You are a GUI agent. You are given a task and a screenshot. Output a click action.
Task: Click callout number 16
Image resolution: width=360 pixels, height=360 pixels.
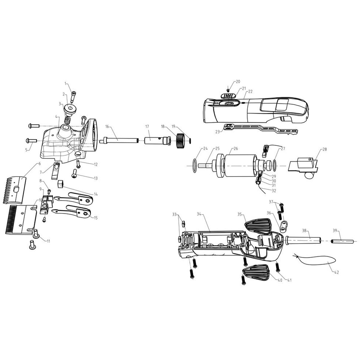coord(107,127)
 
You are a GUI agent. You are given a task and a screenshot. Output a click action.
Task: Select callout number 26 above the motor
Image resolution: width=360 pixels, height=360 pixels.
coord(236,149)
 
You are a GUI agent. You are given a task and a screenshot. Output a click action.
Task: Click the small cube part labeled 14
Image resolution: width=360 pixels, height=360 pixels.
coord(60,184)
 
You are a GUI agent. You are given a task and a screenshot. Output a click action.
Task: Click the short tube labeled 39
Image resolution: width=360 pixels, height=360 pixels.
coord(342,241)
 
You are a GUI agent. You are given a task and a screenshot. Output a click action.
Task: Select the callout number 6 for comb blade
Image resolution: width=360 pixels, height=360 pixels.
coord(40,164)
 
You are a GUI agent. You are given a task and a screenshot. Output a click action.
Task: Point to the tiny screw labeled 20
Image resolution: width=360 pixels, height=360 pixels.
coord(228,90)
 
